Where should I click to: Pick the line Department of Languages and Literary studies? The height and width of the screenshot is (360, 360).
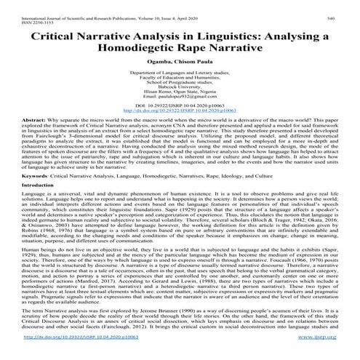tap(179, 73)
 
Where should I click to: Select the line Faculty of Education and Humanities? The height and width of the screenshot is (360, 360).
tap(179, 79)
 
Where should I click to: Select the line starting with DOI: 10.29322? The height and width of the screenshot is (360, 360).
tap(179, 109)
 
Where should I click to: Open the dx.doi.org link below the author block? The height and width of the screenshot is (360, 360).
tap(179, 114)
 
